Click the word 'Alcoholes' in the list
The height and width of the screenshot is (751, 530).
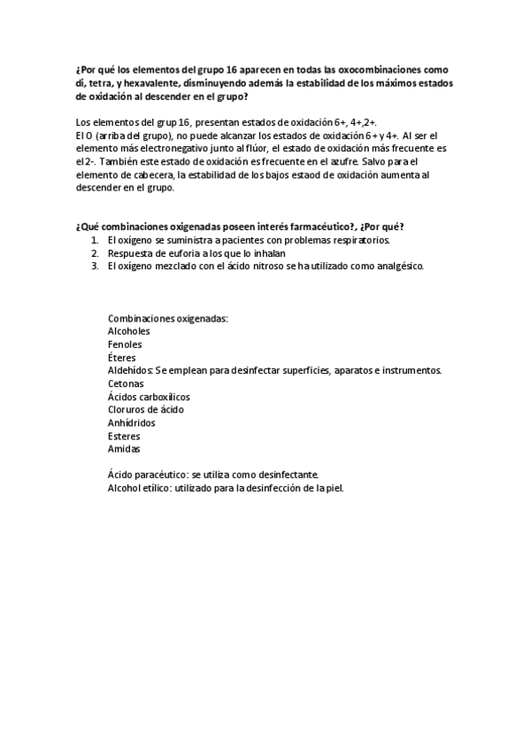129,331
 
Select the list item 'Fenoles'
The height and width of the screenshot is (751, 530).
125,345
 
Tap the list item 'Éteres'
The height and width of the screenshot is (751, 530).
122,357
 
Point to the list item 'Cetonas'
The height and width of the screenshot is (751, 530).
126,383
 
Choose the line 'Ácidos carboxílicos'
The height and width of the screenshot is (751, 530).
149,397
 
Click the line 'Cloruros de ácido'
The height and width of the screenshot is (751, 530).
146,409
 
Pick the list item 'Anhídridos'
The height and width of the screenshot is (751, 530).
132,422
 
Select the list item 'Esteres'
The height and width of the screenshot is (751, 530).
124,436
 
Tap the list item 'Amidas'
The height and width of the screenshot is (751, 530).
124,449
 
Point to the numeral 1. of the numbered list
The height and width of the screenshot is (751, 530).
95,240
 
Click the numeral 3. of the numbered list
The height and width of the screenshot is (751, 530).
95,266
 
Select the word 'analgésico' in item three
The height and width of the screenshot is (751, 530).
398,266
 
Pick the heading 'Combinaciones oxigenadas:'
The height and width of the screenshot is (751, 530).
168,318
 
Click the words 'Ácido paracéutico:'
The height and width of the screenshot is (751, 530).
148,475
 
